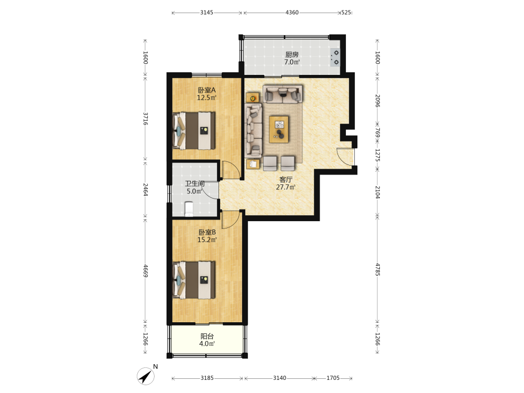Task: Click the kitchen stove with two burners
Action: (335, 57)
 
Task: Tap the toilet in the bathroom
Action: (189, 209)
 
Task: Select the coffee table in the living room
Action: (279, 129)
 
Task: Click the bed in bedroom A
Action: (194, 130)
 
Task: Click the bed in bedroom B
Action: (194, 280)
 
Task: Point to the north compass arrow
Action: (146, 376)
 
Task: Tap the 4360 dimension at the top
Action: (292, 13)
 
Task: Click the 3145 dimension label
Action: (206, 13)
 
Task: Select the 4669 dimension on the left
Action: (145, 271)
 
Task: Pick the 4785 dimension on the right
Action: (377, 269)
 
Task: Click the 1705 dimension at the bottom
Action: (333, 378)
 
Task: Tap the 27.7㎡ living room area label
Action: (286, 187)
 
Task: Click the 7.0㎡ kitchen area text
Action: (292, 62)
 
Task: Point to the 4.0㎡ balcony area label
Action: (207, 344)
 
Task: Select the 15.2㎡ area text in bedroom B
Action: (207, 240)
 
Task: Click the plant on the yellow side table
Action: (253, 98)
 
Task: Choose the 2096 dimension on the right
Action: (377, 101)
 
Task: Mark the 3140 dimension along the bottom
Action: (279, 378)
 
